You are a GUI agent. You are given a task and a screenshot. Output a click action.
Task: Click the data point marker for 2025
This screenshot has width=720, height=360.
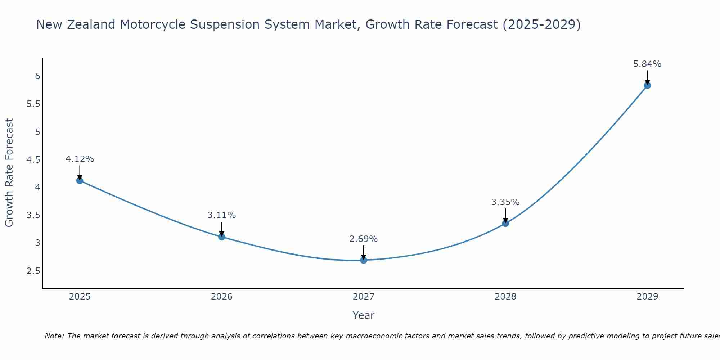(x=80, y=180)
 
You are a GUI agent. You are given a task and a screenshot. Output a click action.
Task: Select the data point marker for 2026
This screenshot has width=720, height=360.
(x=222, y=237)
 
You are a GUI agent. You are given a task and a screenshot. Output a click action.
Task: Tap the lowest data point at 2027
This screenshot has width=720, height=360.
(x=364, y=260)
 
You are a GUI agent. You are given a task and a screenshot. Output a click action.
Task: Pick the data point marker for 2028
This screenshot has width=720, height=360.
(x=505, y=223)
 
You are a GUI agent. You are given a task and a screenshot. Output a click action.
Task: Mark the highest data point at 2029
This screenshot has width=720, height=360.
(x=647, y=85)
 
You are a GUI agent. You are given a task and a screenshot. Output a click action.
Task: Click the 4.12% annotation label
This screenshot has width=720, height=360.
(x=80, y=159)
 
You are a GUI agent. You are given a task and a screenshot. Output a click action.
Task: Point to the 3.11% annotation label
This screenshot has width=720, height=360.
(x=222, y=215)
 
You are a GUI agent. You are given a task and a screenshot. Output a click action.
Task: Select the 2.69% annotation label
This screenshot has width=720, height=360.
(x=364, y=239)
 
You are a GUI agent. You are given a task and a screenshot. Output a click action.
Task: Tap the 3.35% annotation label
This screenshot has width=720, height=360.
(x=505, y=202)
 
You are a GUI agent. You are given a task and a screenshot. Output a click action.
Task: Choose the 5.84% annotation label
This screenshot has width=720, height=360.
(x=647, y=64)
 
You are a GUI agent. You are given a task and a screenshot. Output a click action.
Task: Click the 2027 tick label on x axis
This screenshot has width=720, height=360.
(x=364, y=297)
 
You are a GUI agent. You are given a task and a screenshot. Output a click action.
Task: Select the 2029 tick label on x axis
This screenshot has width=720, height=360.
(x=647, y=297)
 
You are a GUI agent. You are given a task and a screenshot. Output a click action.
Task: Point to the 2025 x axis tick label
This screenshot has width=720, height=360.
(x=80, y=297)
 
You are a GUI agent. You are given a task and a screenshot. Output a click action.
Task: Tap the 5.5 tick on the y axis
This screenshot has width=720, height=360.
(x=33, y=104)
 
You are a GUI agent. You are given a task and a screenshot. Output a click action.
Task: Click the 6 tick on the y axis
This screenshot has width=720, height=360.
(x=37, y=76)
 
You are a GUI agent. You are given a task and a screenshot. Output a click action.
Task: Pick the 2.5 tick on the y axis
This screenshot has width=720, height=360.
(x=33, y=271)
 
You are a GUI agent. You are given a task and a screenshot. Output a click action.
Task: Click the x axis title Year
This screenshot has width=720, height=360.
(x=364, y=315)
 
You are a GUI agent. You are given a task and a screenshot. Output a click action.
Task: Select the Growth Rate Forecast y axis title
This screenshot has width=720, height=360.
(x=9, y=173)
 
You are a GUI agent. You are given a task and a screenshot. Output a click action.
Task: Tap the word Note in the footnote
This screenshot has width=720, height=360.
(x=54, y=336)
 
